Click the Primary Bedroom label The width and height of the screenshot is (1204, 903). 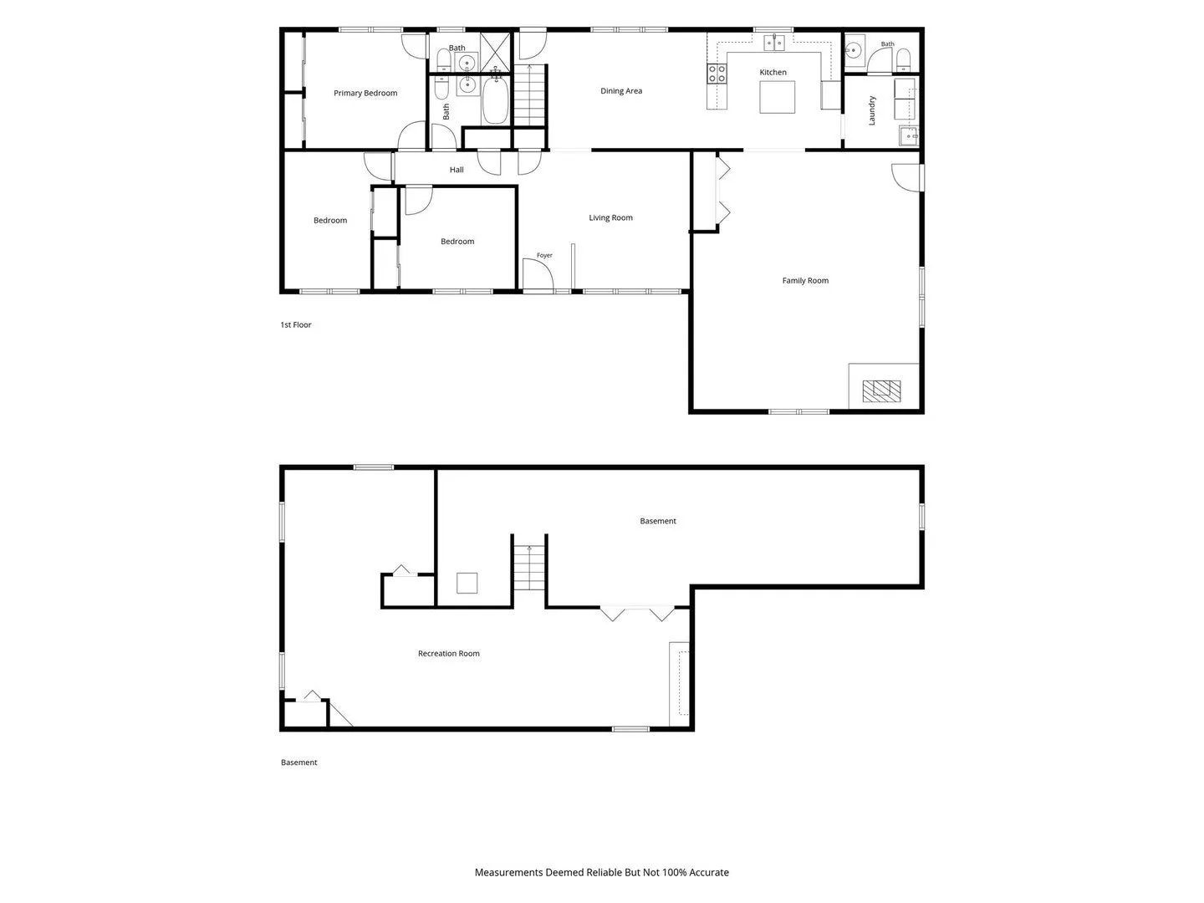365,93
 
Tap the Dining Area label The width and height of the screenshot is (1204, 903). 621,91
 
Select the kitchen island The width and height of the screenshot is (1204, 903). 777,97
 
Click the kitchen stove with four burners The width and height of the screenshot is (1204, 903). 717,74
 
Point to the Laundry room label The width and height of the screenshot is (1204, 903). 871,110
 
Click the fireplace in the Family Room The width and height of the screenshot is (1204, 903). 881,391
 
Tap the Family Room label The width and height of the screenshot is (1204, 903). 805,281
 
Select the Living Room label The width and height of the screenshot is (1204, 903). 610,217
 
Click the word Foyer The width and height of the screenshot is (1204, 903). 544,256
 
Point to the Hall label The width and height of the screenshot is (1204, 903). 457,170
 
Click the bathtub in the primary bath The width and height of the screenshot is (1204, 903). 495,99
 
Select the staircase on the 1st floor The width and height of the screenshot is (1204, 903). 529,95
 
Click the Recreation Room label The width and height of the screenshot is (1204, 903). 449,654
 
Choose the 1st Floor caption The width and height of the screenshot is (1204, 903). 296,325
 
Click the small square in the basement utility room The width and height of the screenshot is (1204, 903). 467,583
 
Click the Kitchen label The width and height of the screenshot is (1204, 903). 773,73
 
